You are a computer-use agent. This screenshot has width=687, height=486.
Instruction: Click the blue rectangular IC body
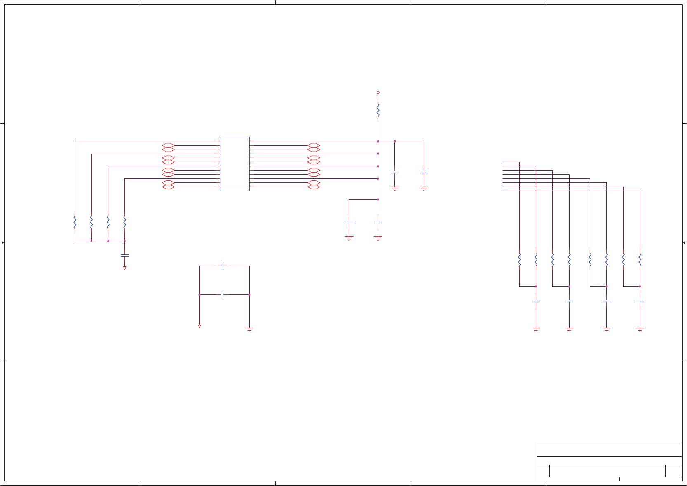[x=234, y=164]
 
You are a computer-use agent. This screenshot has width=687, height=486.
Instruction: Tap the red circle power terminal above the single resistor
[x=378, y=93]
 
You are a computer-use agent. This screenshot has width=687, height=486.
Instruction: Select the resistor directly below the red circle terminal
[x=378, y=110]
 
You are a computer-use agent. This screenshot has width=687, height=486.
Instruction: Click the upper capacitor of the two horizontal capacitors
[x=222, y=266]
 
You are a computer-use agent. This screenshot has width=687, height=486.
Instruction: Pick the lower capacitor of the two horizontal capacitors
[x=222, y=294]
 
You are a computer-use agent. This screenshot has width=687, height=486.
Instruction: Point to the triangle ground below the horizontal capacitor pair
[x=199, y=326]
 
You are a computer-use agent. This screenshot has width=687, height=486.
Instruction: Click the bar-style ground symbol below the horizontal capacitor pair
[x=249, y=329]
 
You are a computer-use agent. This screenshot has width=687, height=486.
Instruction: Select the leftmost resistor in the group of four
[x=75, y=222]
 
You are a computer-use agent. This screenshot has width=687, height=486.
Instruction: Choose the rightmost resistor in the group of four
[x=124, y=222]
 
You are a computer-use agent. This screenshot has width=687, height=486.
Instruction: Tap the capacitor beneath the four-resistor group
[x=124, y=255]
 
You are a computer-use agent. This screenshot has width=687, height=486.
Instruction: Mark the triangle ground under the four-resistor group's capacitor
[x=124, y=268]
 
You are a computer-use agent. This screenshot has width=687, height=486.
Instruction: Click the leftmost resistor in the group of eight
[x=519, y=259]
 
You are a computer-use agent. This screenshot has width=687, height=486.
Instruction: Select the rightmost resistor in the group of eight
[x=640, y=259]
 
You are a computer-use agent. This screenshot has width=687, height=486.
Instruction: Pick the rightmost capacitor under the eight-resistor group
[x=640, y=301]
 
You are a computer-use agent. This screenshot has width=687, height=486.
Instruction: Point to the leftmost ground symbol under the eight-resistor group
[x=536, y=329]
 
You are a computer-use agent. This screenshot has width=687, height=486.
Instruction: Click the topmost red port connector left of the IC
[x=169, y=145]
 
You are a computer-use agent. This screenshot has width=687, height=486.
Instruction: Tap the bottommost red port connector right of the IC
[x=314, y=187]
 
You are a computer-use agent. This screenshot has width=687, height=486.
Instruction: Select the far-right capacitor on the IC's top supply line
[x=424, y=172]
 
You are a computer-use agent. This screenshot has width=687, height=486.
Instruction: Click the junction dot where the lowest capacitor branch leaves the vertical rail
[x=378, y=199]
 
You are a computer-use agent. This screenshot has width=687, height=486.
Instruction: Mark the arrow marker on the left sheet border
[x=2, y=243]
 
